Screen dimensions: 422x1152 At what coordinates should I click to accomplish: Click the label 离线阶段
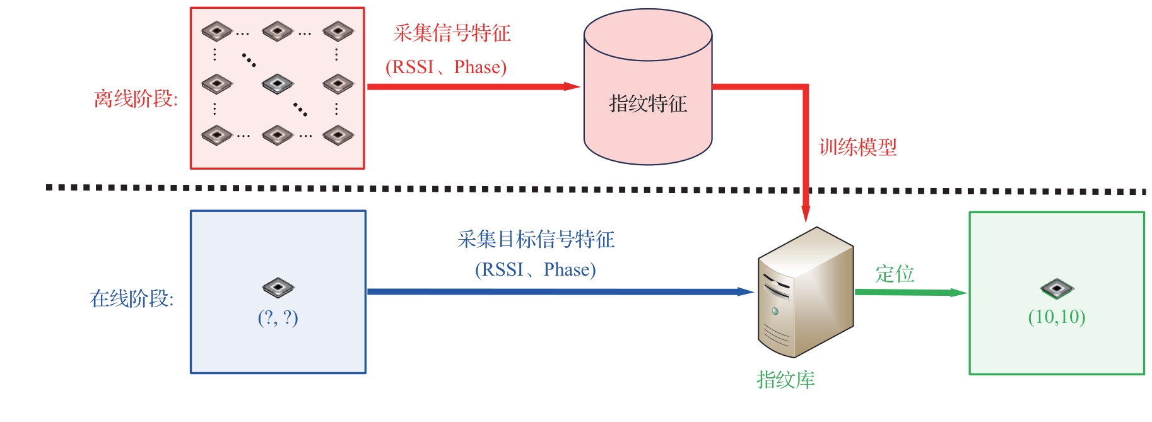(x=136, y=98)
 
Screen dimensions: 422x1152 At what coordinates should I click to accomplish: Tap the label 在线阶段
(x=132, y=298)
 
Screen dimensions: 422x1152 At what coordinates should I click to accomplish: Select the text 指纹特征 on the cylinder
(x=647, y=103)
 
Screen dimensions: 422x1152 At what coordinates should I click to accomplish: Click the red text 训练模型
(x=857, y=148)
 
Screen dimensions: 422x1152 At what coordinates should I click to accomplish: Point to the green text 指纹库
(x=785, y=380)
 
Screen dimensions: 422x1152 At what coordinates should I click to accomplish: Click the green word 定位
(x=895, y=274)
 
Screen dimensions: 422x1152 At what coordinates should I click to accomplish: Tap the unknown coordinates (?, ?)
(x=278, y=317)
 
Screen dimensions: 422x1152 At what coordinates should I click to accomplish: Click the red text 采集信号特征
(x=452, y=33)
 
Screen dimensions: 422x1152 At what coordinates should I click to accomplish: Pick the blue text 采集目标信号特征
(x=536, y=239)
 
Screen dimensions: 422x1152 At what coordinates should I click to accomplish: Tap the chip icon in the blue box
(x=278, y=288)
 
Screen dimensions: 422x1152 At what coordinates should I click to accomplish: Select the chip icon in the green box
(x=1057, y=289)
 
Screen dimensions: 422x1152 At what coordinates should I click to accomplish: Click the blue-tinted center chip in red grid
(x=278, y=83)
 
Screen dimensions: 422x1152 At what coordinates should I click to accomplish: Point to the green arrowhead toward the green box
(x=957, y=293)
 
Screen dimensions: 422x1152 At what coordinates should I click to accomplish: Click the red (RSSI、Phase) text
(x=446, y=67)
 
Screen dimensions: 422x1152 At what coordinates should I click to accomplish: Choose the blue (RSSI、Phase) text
(x=535, y=269)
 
